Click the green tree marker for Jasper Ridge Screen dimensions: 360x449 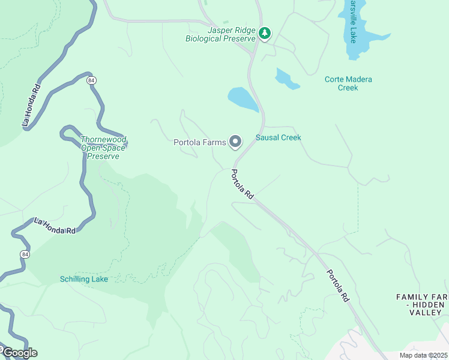[265, 34]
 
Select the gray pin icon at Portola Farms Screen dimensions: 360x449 [235, 142]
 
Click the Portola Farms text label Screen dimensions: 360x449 [199, 142]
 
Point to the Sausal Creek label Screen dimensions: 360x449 [278, 137]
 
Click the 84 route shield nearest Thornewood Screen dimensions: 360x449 [91, 80]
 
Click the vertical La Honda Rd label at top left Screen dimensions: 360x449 [31, 104]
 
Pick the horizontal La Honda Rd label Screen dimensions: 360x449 [55, 226]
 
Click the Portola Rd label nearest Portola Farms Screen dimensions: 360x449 [243, 184]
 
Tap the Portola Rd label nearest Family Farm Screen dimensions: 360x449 [337, 285]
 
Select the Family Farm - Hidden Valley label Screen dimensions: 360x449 [423, 305]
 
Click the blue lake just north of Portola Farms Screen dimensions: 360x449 [243, 99]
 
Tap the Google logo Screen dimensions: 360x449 [19, 352]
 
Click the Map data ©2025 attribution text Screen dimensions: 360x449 [423, 355]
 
